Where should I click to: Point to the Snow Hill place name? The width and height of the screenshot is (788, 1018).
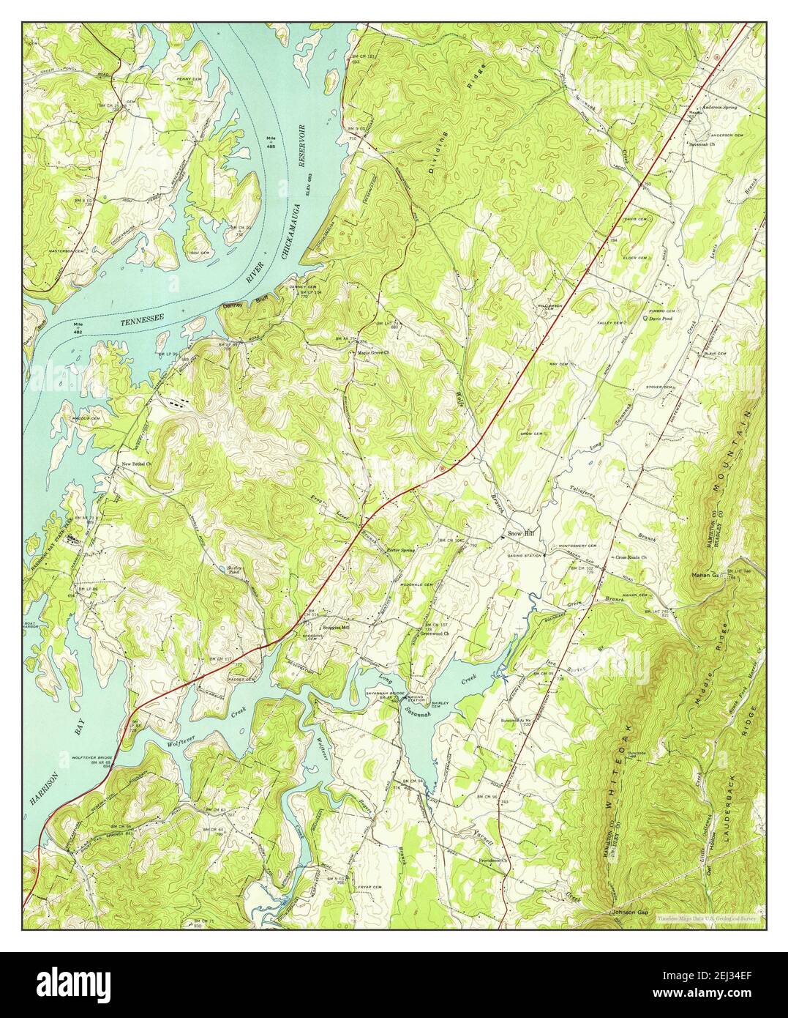coord(522,535)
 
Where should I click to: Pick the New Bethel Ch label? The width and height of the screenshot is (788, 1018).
coord(135,463)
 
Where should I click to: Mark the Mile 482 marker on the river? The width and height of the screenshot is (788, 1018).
coord(84,324)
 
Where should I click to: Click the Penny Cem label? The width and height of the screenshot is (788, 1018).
coord(190,78)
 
